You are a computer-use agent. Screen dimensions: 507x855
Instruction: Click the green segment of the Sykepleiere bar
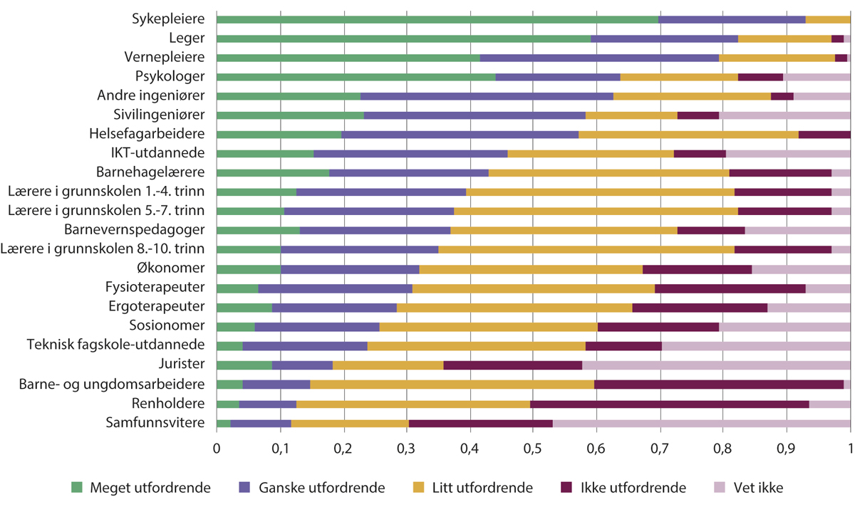coord(437,19)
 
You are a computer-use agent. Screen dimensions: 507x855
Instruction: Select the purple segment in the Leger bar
coord(664,38)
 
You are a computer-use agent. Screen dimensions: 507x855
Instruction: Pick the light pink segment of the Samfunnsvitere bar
coord(701,424)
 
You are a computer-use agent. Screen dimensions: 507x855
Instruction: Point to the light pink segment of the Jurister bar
coord(716,365)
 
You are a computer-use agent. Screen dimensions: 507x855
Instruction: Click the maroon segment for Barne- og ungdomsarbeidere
coord(719,385)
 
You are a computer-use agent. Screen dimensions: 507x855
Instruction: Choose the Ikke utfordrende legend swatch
coord(566,488)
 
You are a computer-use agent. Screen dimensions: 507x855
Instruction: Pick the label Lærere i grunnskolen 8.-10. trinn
coord(104,249)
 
